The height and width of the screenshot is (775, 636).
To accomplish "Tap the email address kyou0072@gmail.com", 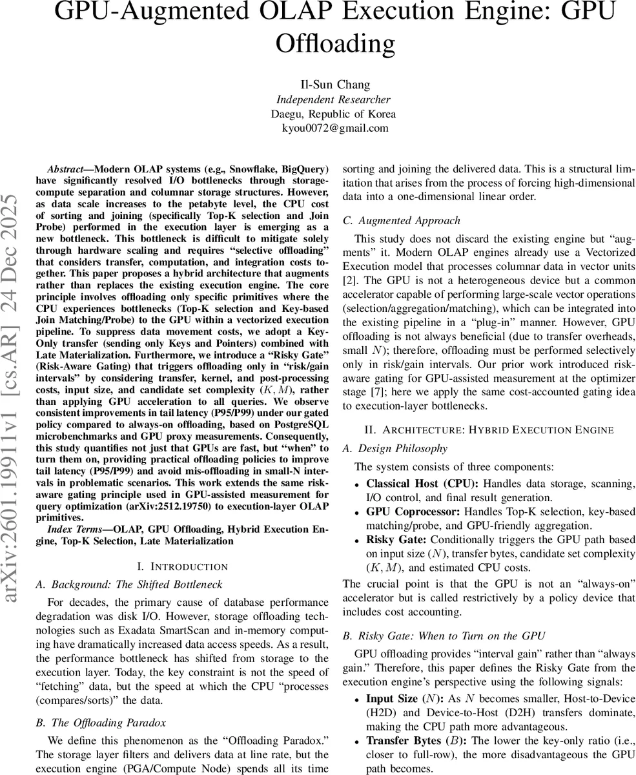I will click(335, 128).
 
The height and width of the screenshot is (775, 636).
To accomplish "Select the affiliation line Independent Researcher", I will click(333, 99).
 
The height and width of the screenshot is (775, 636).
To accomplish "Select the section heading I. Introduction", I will click(183, 566).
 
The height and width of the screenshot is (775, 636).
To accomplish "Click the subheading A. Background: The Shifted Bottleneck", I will click(128, 584).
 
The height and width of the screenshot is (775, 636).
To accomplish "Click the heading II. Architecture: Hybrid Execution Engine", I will click(489, 430).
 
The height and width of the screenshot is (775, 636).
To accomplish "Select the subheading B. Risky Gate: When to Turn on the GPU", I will click(444, 635).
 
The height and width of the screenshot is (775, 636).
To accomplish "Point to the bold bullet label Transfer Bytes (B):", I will click(413, 741).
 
